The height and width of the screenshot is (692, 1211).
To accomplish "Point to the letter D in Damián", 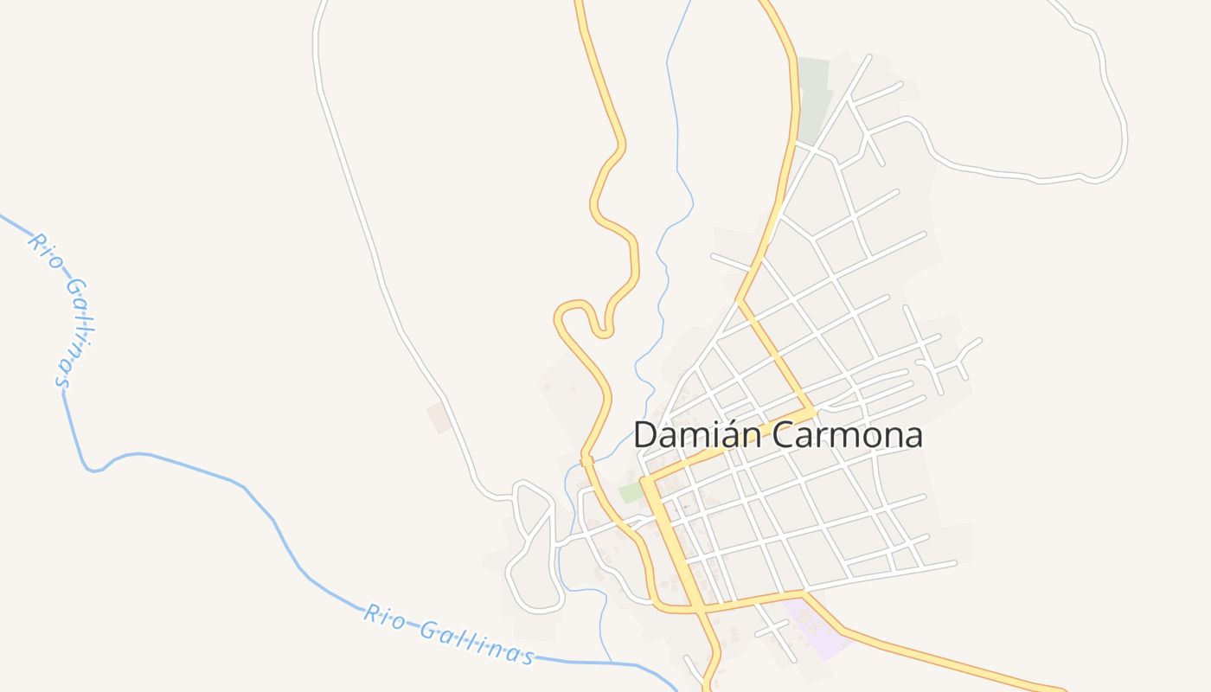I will tap(645, 434).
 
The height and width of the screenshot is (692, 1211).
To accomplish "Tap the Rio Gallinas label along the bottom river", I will tap(448, 634).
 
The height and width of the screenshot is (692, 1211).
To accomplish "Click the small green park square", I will tap(631, 492).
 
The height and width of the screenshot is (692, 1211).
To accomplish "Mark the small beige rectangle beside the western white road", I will tap(439, 417).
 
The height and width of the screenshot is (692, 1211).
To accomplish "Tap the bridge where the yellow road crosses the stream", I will tap(586, 460).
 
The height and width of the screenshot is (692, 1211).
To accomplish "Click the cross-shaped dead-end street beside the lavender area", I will tap(772, 628).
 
